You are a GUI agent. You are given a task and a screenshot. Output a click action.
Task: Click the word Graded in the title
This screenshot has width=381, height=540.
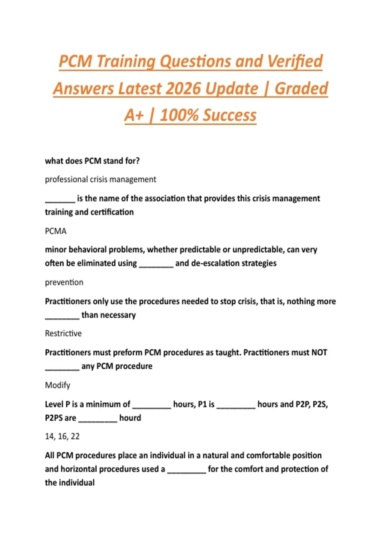click(x=301, y=88)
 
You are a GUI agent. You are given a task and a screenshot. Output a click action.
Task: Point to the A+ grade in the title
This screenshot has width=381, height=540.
click(x=134, y=115)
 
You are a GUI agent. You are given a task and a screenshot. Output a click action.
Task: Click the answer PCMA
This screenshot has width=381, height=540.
click(x=56, y=231)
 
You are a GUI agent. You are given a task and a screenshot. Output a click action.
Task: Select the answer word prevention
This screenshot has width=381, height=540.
click(x=64, y=282)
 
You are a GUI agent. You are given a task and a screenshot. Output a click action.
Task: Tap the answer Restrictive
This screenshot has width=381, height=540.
click(x=63, y=334)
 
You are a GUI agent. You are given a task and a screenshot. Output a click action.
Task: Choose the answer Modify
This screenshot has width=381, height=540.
click(x=57, y=385)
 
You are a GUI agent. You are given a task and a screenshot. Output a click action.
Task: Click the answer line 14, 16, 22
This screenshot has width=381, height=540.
click(x=62, y=436)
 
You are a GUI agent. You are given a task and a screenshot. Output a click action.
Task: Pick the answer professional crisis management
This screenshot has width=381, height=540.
click(x=100, y=179)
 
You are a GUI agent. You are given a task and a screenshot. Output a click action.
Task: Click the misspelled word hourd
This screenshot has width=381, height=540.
click(x=130, y=418)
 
